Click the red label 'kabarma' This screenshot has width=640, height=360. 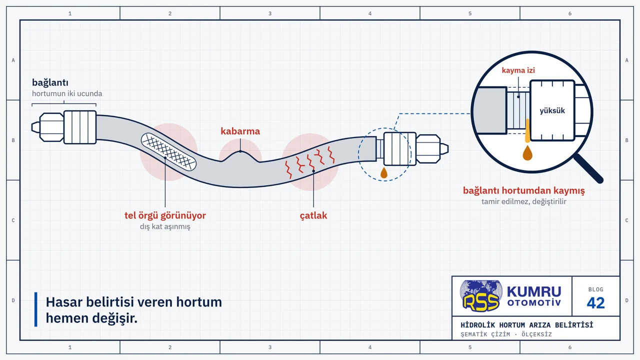click(x=240, y=131)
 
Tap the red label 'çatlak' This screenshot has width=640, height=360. click(x=313, y=215)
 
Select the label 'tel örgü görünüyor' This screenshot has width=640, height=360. click(x=165, y=215)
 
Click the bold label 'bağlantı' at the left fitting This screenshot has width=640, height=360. click(x=50, y=82)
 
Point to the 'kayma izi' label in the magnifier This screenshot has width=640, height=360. click(x=518, y=70)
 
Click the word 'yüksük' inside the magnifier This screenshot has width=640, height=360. click(x=552, y=110)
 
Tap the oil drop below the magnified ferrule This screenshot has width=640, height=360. click(x=527, y=153)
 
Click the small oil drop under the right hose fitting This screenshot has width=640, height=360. click(x=384, y=172)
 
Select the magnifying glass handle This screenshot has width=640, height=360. click(x=589, y=168)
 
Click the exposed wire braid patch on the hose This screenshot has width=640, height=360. click(x=168, y=151)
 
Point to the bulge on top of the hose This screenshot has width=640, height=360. click(x=240, y=156)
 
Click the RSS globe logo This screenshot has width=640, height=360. click(x=481, y=295)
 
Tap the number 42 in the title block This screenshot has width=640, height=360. click(x=595, y=303)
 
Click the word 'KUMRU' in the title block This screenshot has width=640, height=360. click(x=534, y=291)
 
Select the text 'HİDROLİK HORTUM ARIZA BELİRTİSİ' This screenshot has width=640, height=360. click(x=527, y=325)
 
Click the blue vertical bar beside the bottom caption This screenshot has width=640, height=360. click(x=35, y=309)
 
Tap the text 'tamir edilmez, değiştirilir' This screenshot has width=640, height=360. click(x=523, y=201)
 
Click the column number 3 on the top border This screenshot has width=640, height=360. click(x=270, y=13)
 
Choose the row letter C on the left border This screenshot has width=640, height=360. click(x=13, y=220)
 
